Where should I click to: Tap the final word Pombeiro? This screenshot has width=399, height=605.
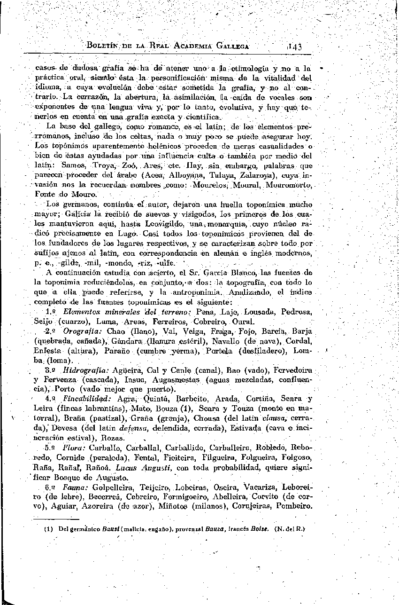295,506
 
